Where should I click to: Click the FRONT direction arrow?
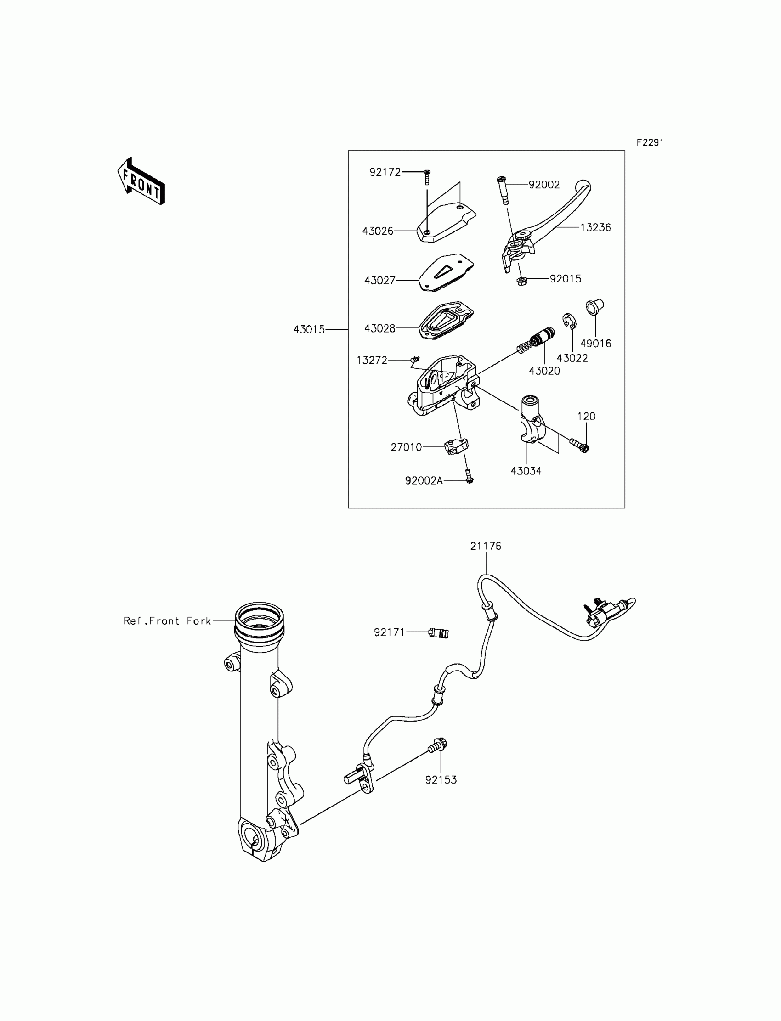pyautogui.click(x=141, y=182)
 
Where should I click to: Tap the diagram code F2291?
pyautogui.click(x=650, y=143)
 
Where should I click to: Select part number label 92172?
pyautogui.click(x=385, y=172)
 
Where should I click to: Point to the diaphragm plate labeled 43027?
pyautogui.click(x=446, y=273)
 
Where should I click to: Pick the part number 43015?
pyautogui.click(x=309, y=329)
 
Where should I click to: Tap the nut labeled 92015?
pyautogui.click(x=521, y=281)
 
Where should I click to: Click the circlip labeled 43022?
pyautogui.click(x=569, y=321)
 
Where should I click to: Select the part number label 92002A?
pyautogui.click(x=424, y=481)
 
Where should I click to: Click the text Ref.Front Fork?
pyautogui.click(x=167, y=621)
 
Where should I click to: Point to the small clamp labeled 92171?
pyautogui.click(x=438, y=632)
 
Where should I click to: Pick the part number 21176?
pyautogui.click(x=486, y=546)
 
